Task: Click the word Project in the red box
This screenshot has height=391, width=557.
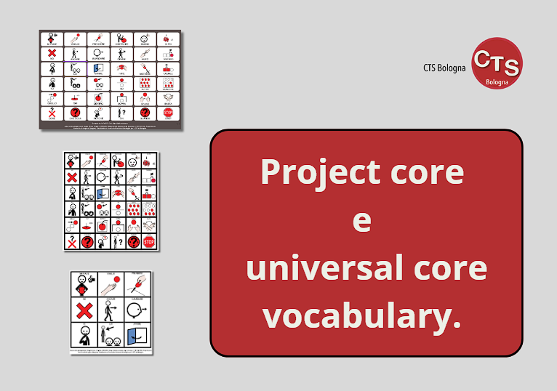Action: (320, 172)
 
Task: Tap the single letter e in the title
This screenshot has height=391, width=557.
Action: (361, 220)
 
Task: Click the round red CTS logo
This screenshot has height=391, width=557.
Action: (497, 63)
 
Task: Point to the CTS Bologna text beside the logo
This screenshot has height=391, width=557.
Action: (444, 68)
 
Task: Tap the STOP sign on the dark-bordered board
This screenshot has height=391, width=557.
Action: (168, 113)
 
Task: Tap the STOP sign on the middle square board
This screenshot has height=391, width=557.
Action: (149, 241)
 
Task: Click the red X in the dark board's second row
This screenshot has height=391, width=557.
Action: (51, 54)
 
